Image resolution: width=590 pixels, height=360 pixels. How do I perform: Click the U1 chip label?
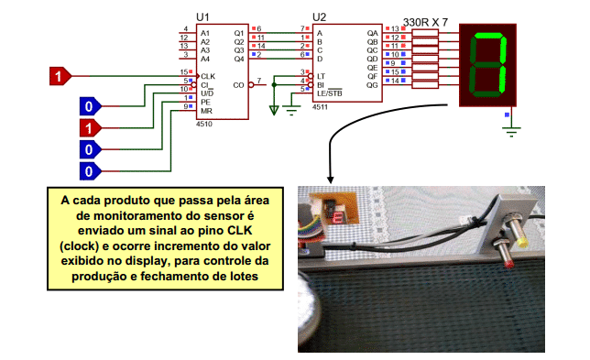pos(202,17)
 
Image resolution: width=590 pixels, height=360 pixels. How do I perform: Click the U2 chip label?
pos(319,17)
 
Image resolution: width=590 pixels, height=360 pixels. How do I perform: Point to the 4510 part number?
pos(203,122)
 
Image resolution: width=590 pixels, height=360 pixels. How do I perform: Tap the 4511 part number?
pos(320,107)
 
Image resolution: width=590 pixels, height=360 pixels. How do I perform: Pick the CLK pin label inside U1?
pos(208,74)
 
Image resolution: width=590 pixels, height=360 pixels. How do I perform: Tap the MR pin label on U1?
pos(207,109)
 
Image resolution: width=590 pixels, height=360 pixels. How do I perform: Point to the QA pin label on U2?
pos(372,32)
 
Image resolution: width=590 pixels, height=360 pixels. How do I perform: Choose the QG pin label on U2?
pos(372,84)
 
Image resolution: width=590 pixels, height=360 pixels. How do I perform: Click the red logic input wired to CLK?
pos(58,76)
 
